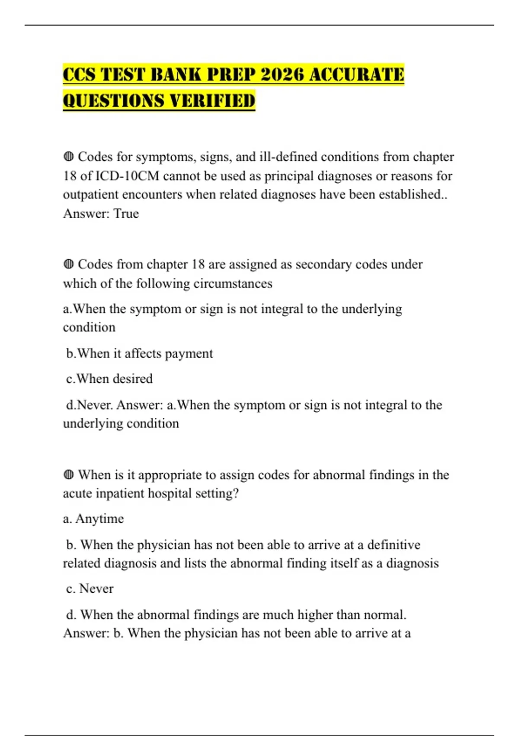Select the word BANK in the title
[x=174, y=74]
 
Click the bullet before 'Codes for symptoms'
[x=68, y=156]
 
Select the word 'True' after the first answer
[x=126, y=213]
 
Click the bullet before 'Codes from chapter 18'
[x=68, y=264]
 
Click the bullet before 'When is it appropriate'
[x=68, y=475]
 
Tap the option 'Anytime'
[x=99, y=519]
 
